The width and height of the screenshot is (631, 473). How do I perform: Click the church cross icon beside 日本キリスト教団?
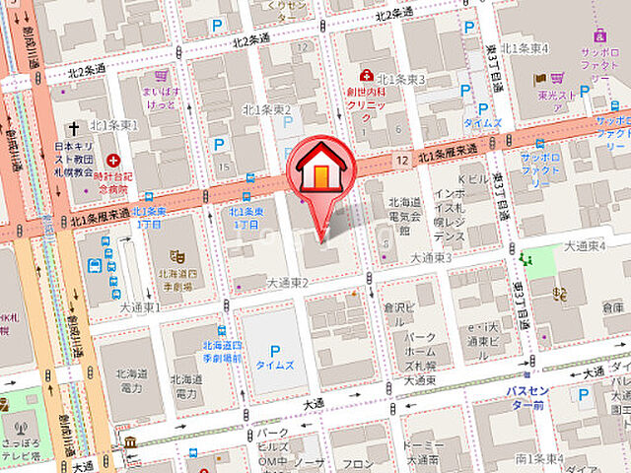72,129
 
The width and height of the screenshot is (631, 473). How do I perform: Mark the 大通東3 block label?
431,257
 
